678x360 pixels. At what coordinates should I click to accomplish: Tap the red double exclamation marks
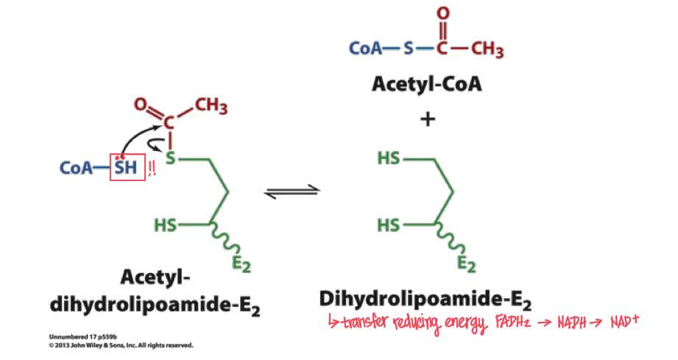(152, 168)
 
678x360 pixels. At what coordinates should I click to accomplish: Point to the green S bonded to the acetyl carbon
(171, 158)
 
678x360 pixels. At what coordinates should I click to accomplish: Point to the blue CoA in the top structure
(364, 49)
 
